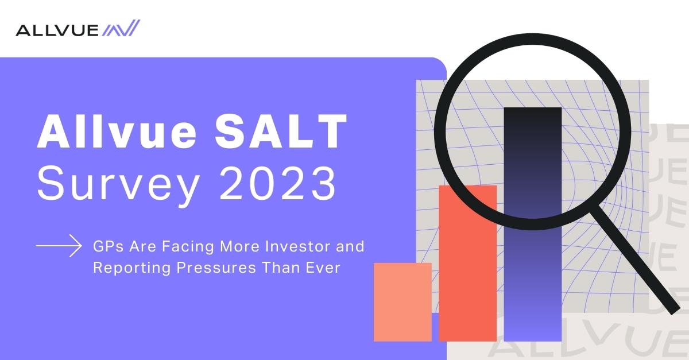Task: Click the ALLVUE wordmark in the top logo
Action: (57, 30)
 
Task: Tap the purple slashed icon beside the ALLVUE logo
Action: (121, 28)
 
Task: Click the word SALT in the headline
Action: (281, 131)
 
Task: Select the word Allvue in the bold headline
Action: (117, 131)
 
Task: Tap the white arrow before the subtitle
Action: (59, 246)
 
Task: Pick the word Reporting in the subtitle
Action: (131, 268)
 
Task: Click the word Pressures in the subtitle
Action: (216, 268)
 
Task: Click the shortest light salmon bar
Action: (402, 302)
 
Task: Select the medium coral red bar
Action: (467, 264)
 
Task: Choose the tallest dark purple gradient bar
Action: (533, 224)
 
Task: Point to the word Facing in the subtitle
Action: (188, 247)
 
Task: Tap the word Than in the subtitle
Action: (281, 268)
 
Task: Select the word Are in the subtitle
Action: (143, 246)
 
